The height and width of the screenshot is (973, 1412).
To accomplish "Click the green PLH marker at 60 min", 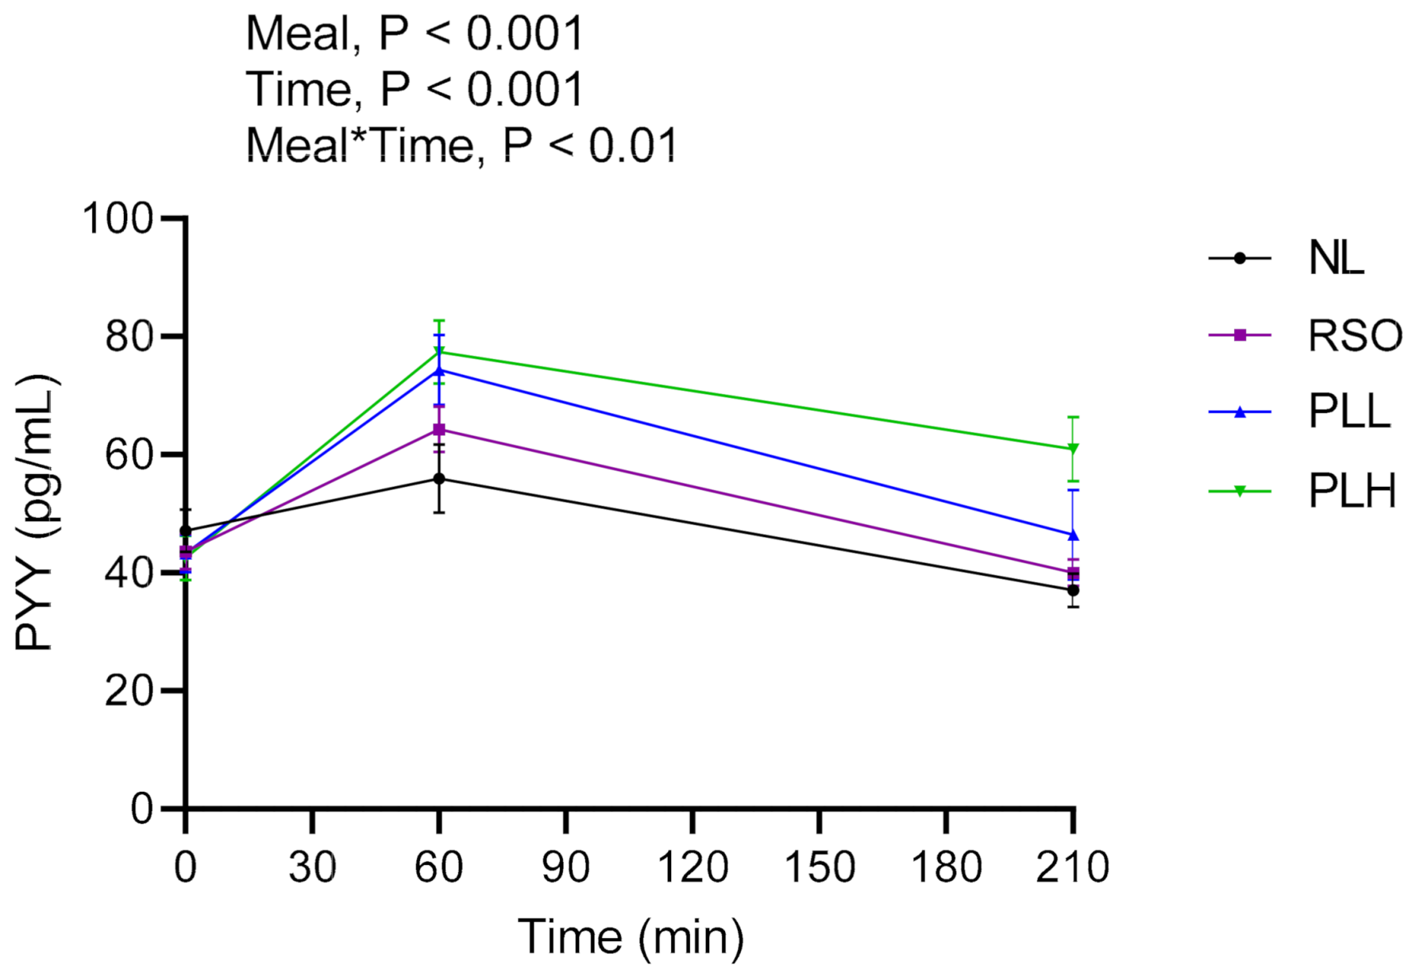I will click(439, 352).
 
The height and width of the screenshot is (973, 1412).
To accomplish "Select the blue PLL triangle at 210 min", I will click(1073, 535).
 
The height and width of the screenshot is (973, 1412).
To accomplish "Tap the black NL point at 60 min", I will click(439, 479).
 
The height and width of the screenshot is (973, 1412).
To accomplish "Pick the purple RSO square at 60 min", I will click(439, 430).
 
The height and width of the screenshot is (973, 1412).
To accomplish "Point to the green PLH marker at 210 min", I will click(1073, 449).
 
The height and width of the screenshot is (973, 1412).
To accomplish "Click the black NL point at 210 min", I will click(1073, 590).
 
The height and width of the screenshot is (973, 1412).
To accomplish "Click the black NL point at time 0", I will click(186, 531).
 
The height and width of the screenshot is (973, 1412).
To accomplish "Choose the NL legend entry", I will click(1336, 258).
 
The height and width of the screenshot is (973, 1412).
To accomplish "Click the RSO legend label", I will click(1355, 335).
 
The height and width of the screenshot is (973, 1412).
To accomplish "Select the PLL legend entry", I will click(1348, 411).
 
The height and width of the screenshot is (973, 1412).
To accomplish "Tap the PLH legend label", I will click(1352, 491).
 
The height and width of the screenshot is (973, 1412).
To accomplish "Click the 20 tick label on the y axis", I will click(129, 691).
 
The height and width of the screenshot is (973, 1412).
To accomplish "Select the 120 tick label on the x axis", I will click(692, 867).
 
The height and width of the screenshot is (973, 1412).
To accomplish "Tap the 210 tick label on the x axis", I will click(1072, 867).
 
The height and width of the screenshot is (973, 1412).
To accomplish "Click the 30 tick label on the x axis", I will click(312, 867).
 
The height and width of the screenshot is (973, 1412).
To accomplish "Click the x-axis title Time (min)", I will click(631, 937).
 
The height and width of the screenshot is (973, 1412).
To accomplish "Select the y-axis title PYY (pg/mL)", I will click(35, 512).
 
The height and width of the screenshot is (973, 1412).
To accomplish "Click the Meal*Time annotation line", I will click(461, 146).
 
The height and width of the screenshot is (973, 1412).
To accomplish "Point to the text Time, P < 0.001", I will click(415, 89).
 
